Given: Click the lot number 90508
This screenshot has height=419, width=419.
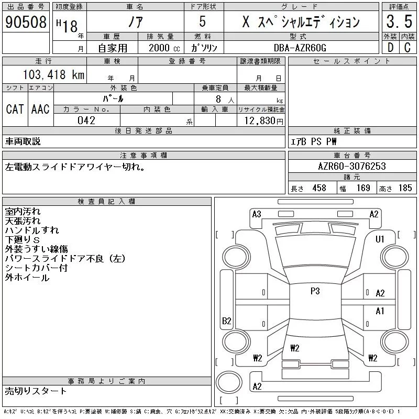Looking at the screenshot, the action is (x=26, y=22).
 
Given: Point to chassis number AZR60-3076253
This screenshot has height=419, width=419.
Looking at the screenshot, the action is (x=352, y=166).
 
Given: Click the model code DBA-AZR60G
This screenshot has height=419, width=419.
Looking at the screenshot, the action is (x=300, y=47).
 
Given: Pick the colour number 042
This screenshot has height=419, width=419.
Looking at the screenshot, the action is (x=86, y=120).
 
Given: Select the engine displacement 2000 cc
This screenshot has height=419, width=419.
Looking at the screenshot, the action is (x=159, y=47).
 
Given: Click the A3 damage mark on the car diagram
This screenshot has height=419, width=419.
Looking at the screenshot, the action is (x=257, y=214).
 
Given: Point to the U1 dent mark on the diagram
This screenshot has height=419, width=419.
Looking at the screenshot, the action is (x=380, y=239).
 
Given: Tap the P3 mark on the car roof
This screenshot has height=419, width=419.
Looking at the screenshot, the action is (x=315, y=291).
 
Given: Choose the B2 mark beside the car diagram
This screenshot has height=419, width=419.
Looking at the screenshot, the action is (x=226, y=321).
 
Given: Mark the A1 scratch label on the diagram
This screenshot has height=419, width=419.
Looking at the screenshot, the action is (x=380, y=311).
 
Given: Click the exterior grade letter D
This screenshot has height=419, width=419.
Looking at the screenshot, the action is (x=390, y=47).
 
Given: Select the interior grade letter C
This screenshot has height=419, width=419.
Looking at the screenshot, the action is (x=407, y=47).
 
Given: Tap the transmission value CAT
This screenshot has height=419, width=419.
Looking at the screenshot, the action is (x=15, y=109).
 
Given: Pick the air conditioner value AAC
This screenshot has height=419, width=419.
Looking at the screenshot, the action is (x=40, y=109).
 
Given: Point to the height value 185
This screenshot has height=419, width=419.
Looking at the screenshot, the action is (x=405, y=188).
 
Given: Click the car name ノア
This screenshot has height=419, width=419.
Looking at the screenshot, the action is (x=136, y=22).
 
